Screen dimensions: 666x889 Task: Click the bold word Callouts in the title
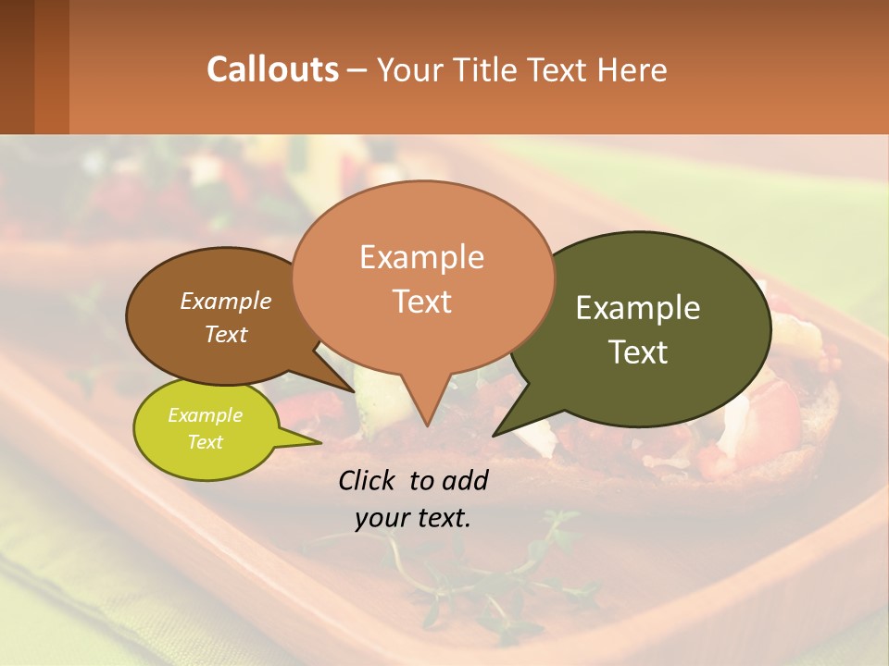[272, 69]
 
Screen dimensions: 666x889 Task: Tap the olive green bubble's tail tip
[495, 434]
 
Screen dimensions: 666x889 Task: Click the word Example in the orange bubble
[421, 257]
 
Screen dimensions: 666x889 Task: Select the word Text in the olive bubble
[638, 352]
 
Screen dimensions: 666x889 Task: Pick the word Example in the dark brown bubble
[225, 302]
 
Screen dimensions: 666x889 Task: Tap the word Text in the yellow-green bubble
[205, 442]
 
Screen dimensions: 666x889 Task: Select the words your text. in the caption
[413, 518]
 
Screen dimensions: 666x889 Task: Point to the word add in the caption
[466, 480]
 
